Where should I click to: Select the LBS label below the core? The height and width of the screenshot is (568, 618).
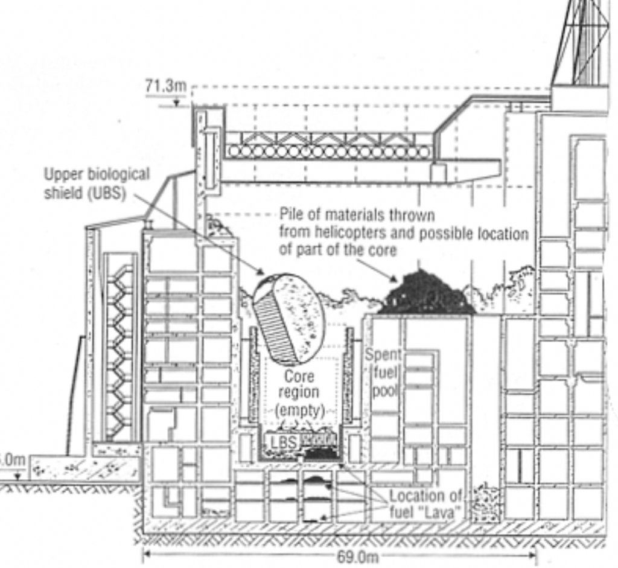(283, 441)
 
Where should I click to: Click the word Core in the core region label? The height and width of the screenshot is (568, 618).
(299, 377)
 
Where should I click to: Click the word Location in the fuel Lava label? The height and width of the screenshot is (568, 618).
(417, 496)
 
